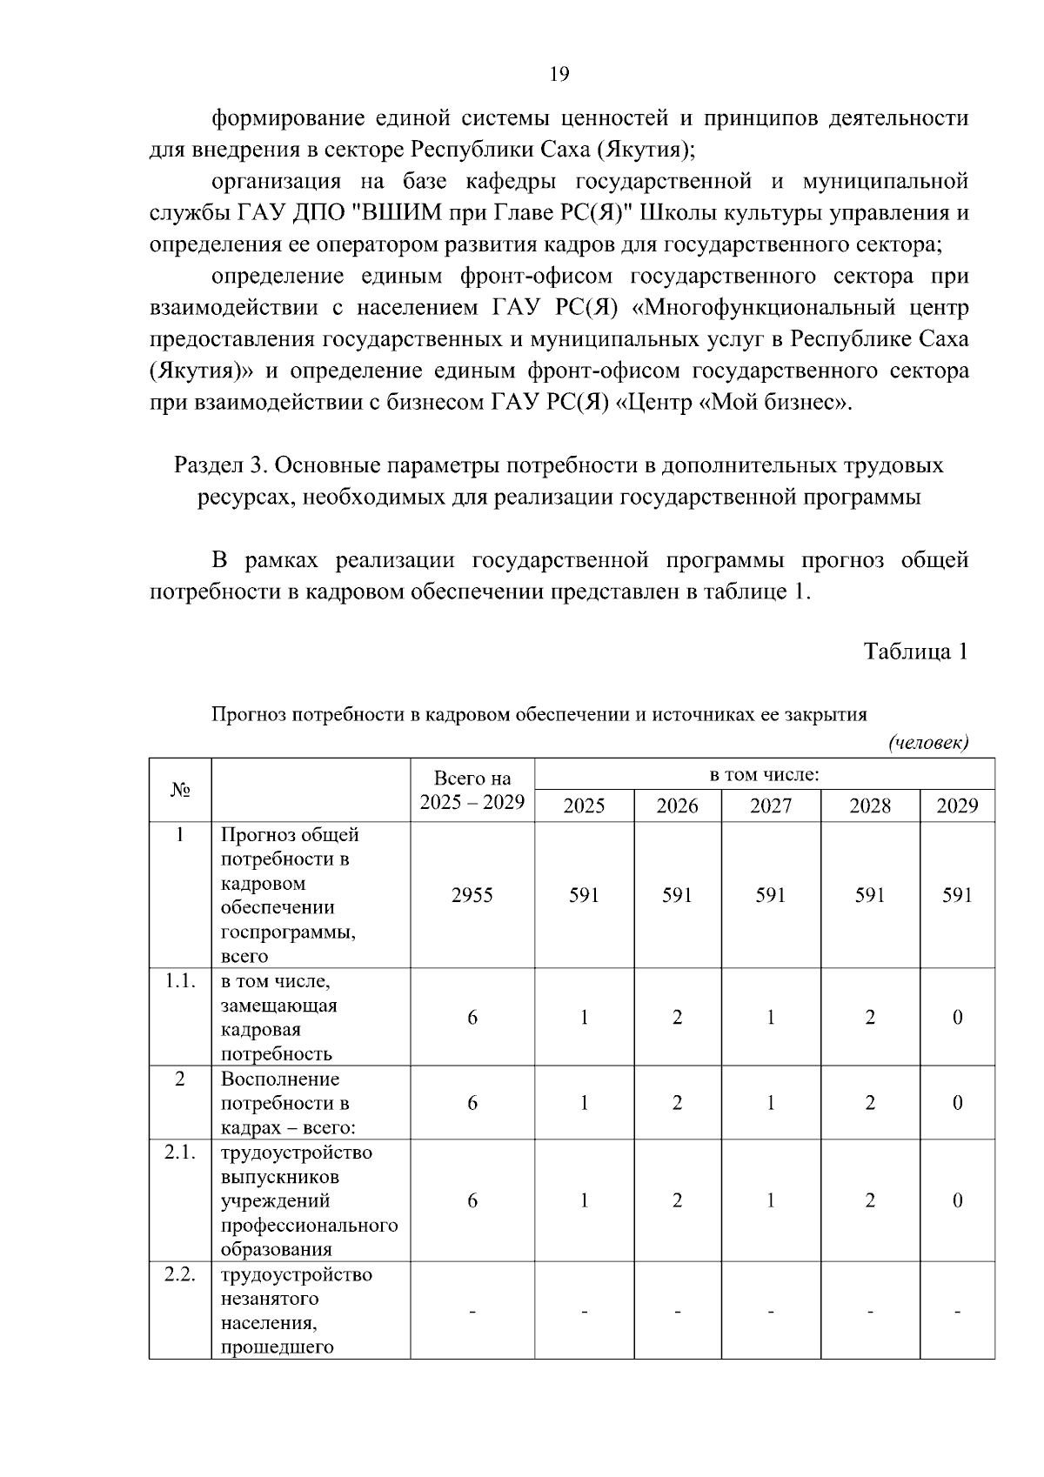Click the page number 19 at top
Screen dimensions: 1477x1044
559,74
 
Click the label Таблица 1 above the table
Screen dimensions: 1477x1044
915,651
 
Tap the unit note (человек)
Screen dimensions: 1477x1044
927,742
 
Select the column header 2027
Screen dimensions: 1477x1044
770,805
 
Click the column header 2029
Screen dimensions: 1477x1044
957,805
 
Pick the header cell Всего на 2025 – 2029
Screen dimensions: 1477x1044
472,790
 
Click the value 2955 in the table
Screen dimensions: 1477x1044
472,895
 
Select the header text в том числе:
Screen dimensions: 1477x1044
765,774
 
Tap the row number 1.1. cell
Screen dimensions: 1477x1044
180,981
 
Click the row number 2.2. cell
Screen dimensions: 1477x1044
180,1274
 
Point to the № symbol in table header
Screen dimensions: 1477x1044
180,790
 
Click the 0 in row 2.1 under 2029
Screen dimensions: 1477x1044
957,1200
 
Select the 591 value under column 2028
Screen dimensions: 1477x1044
869,895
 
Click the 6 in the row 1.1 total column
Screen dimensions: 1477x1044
472,1017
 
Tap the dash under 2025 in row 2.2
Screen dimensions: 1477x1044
584,1310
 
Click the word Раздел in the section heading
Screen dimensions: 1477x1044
209,465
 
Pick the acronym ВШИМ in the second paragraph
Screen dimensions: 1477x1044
404,213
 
